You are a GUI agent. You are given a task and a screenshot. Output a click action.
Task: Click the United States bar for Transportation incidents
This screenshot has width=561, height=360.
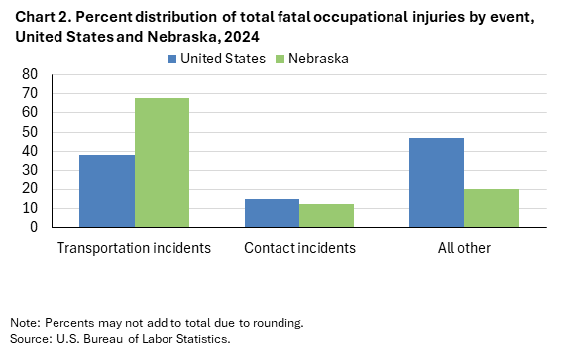[107, 190]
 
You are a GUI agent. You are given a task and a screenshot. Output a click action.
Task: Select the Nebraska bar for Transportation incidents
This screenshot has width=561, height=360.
[162, 163]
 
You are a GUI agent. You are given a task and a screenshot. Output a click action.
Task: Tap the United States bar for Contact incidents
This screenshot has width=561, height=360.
[272, 213]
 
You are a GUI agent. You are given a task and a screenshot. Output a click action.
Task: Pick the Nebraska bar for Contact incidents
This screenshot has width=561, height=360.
[326, 215]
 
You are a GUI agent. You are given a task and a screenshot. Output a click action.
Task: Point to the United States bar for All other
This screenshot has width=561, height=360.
[436, 182]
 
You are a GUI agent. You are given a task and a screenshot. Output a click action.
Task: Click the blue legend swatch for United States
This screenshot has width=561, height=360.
[171, 59]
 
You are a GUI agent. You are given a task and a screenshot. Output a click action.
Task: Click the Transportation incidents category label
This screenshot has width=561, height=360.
[134, 247]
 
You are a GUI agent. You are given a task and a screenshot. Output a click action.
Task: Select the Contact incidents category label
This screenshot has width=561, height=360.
[298, 247]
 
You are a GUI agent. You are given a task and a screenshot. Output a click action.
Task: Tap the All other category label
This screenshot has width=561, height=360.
[463, 247]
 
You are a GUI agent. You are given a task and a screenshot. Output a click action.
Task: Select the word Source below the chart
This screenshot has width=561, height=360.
[29, 339]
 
